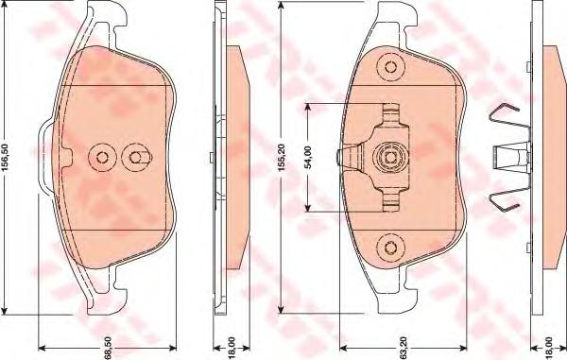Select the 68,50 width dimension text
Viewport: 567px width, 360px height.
[108, 348]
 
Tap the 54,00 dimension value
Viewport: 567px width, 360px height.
[308, 157]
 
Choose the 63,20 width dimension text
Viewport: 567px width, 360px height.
[404, 348]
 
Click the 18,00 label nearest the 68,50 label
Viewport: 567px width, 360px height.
[232, 348]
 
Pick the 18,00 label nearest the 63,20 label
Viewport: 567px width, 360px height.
[549, 348]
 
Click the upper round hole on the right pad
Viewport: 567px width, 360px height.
[390, 67]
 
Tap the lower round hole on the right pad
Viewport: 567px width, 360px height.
[390, 248]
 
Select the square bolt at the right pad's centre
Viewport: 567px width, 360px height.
[390, 157]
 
